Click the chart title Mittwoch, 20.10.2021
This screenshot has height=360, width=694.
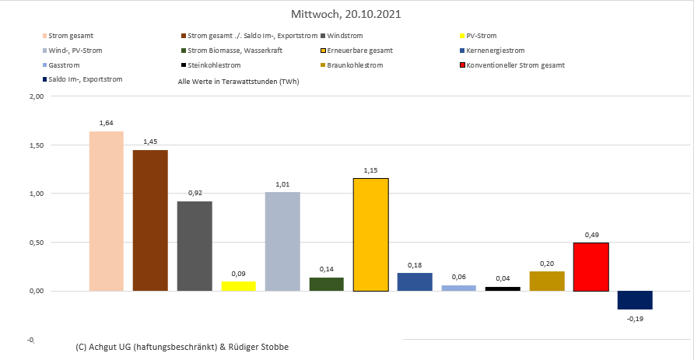pyautogui.click(x=347, y=14)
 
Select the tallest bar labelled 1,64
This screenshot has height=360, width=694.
pyautogui.click(x=106, y=211)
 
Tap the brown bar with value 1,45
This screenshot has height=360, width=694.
pyautogui.click(x=150, y=220)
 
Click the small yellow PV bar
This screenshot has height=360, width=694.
pyautogui.click(x=238, y=286)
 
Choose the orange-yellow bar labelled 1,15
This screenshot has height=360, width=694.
pyautogui.click(x=370, y=234)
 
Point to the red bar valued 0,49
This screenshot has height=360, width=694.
pyautogui.click(x=591, y=267)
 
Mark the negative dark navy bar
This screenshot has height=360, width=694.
pyautogui.click(x=635, y=300)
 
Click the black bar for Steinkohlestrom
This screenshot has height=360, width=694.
pyautogui.click(x=503, y=288)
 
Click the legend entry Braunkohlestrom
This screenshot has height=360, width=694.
pyautogui.click(x=355, y=65)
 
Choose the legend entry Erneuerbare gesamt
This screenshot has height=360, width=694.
pyautogui.click(x=359, y=51)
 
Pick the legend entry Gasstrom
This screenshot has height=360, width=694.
pyautogui.click(x=64, y=65)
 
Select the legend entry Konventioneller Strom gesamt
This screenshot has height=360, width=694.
pyautogui.click(x=520, y=65)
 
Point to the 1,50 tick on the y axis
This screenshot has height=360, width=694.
pyautogui.click(x=35, y=145)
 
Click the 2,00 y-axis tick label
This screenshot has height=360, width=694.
pyautogui.click(x=35, y=96)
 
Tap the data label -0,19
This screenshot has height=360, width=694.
pyautogui.click(x=636, y=317)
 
